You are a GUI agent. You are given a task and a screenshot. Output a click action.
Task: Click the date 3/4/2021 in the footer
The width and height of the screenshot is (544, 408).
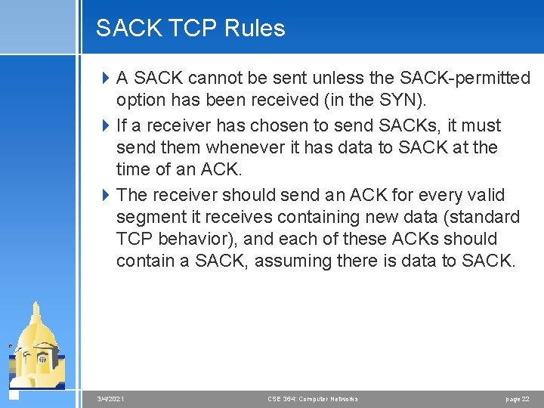pyautogui.click(x=111, y=399)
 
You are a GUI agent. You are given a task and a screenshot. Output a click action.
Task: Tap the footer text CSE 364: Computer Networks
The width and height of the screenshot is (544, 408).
pyautogui.click(x=313, y=399)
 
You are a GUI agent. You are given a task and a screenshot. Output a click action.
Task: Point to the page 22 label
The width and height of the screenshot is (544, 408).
pyautogui.click(x=518, y=399)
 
